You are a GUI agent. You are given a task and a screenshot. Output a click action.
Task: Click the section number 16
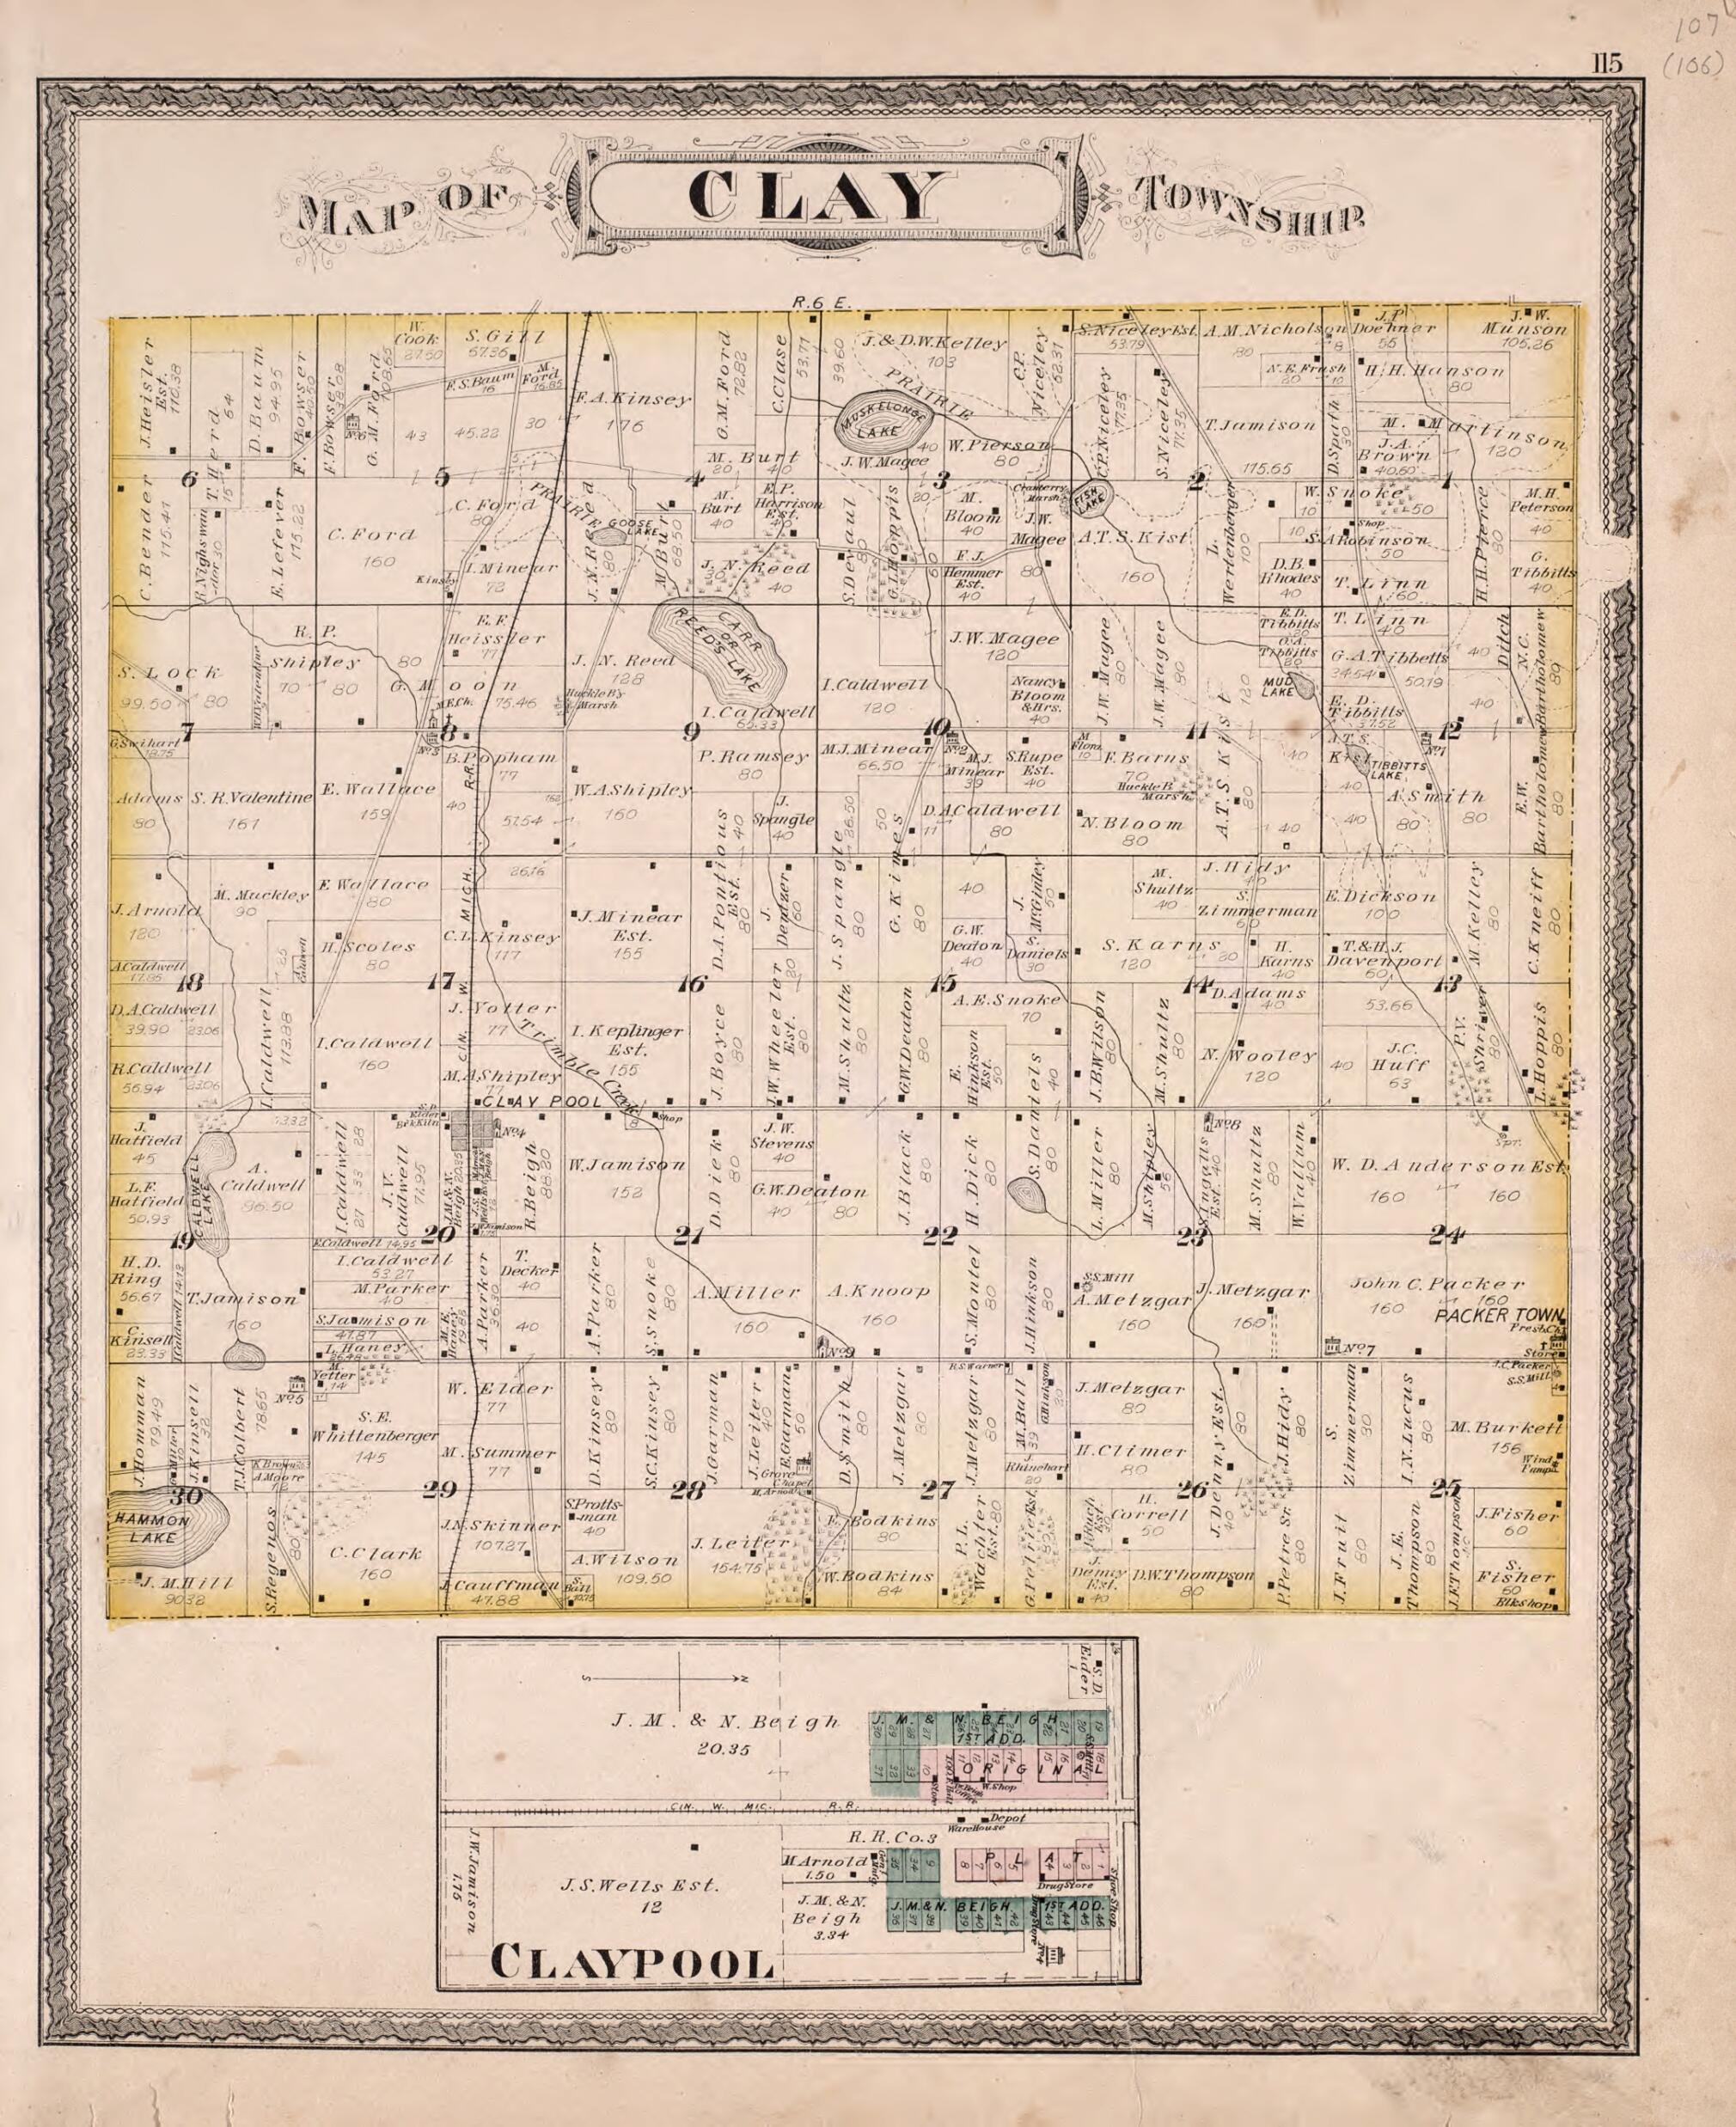click(691, 984)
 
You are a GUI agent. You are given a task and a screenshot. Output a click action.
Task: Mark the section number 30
click(186, 1497)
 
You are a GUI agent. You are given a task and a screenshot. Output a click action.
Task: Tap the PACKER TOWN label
click(1499, 1315)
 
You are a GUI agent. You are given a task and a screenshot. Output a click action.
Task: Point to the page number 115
click(1607, 64)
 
